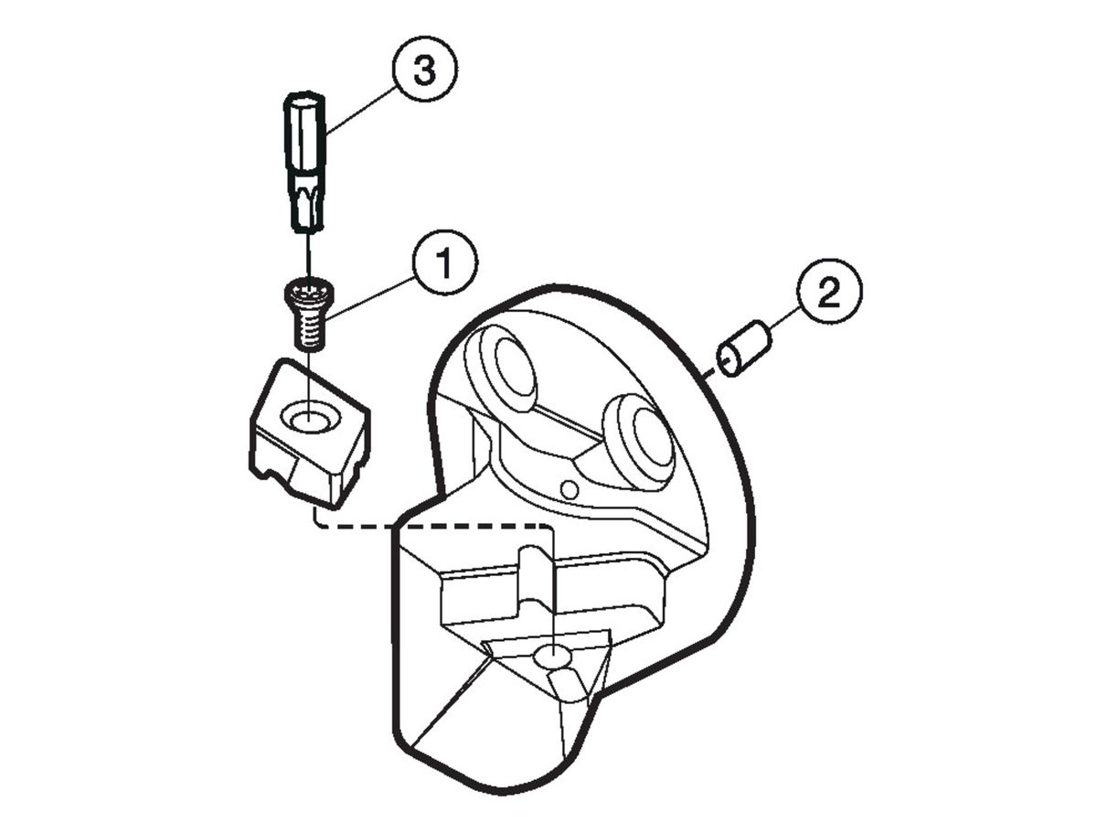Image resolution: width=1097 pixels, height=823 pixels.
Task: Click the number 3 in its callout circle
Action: pyautogui.click(x=424, y=69)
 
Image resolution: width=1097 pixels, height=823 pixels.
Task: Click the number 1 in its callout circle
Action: pyautogui.click(x=444, y=262)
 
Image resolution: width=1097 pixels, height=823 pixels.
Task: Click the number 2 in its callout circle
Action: pyautogui.click(x=829, y=292)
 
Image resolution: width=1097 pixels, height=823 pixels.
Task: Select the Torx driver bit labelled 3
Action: pyautogui.click(x=305, y=162)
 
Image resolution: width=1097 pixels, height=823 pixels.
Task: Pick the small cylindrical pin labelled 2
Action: pyautogui.click(x=743, y=348)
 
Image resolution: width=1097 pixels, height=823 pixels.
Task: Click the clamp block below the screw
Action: pyautogui.click(x=309, y=433)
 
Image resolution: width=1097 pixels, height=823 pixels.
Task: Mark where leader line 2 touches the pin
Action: pyautogui.click(x=769, y=329)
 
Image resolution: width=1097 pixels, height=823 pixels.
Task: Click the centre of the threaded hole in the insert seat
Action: pyautogui.click(x=552, y=657)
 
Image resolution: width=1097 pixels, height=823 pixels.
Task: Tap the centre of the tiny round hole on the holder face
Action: pyautogui.click(x=570, y=490)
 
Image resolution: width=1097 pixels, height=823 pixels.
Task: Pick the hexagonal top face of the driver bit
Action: pyautogui.click(x=304, y=100)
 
